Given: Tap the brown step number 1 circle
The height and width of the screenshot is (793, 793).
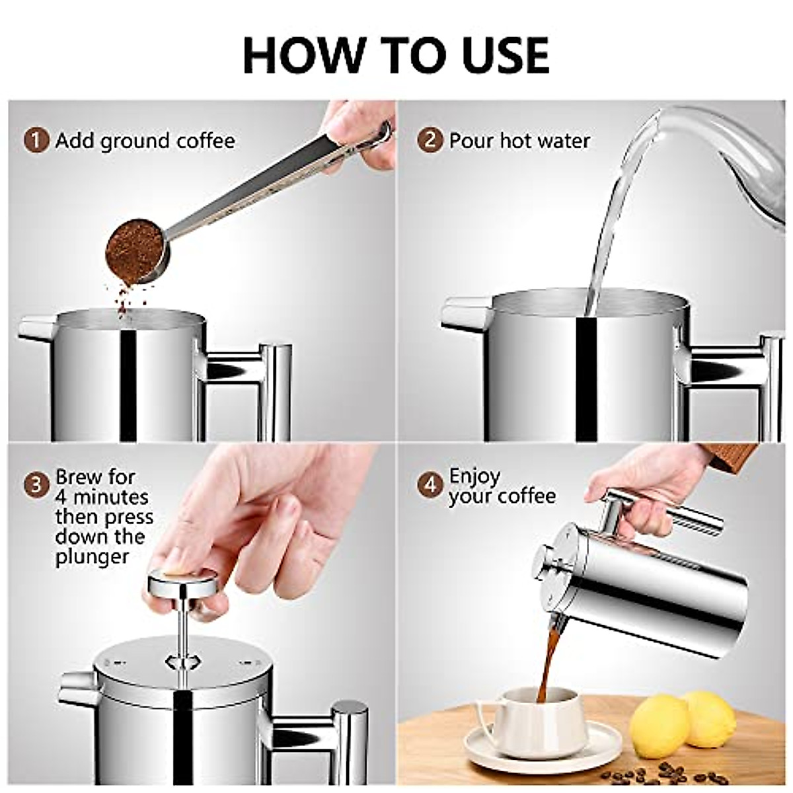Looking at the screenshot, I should pyautogui.click(x=37, y=141).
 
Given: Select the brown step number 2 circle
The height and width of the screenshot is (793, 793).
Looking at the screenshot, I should pyautogui.click(x=430, y=140).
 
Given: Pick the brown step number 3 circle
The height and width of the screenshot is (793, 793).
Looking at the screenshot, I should pyautogui.click(x=36, y=485).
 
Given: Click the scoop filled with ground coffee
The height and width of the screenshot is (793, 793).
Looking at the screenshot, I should pyautogui.click(x=135, y=250).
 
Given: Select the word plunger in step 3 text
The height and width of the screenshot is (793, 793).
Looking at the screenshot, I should pyautogui.click(x=92, y=557).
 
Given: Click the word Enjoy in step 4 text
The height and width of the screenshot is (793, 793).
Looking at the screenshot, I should pyautogui.click(x=474, y=476).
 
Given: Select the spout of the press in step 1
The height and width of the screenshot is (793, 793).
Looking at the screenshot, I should pyautogui.click(x=36, y=328).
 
